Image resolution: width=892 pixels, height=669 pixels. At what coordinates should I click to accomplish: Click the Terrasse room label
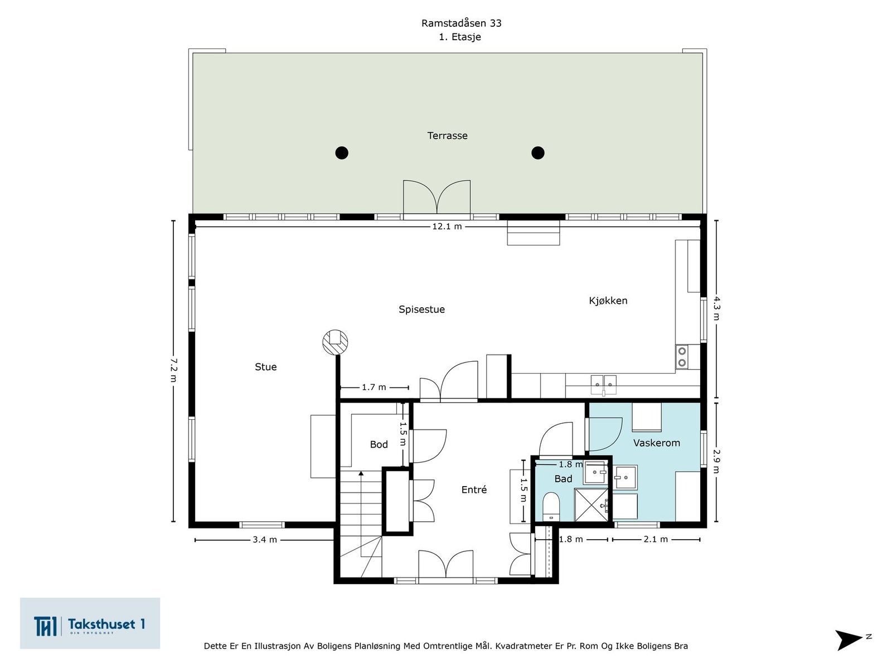point(447,135)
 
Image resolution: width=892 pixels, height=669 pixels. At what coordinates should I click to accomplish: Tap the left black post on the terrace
point(342,153)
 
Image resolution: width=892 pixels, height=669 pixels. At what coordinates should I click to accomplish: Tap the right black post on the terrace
point(537,153)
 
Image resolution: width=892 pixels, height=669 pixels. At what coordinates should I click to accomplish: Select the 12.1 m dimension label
point(447,227)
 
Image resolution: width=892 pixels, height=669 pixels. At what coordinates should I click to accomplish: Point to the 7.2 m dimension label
point(173,370)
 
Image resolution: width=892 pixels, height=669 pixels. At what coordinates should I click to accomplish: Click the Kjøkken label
point(608,300)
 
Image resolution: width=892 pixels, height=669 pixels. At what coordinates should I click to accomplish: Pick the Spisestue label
point(421,309)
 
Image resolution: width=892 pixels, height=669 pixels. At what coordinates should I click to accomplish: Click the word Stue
point(266,367)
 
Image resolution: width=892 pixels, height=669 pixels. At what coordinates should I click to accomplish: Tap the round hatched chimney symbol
point(335,342)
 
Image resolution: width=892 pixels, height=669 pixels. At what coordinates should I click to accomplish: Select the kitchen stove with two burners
point(682,357)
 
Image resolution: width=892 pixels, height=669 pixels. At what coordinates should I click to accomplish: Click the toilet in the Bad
point(551,507)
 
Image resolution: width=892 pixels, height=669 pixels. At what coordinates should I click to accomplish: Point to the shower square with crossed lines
point(591,505)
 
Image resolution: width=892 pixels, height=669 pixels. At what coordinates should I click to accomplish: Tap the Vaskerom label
point(656,443)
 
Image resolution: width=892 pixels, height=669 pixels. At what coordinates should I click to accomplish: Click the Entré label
point(474,490)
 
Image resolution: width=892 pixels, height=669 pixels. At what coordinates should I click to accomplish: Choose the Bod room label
point(379,444)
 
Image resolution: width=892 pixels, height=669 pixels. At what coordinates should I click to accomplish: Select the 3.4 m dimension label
point(265,540)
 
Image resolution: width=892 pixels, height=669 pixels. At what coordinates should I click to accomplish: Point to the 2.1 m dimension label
point(656,540)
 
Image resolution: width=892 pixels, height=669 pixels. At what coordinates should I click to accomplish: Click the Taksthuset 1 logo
point(90,623)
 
